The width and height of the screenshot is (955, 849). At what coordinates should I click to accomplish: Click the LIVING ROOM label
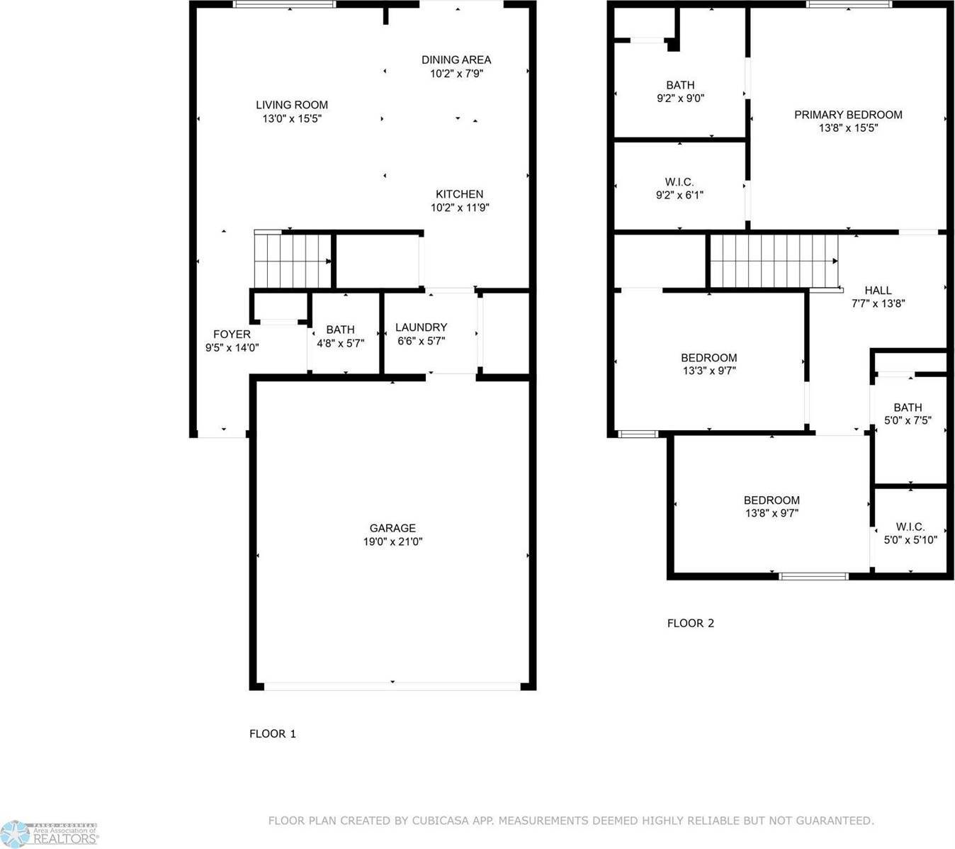coord(291,105)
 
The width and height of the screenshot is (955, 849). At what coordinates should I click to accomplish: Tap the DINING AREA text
coord(456,60)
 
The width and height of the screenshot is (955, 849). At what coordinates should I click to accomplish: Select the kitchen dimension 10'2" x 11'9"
coord(460,208)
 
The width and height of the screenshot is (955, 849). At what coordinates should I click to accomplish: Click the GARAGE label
coord(392,528)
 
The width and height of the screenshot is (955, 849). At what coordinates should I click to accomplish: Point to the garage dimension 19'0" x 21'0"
coord(392,541)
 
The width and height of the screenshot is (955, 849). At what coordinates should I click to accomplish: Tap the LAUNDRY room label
coord(421,327)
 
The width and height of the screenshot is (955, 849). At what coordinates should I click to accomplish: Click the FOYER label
coord(232,334)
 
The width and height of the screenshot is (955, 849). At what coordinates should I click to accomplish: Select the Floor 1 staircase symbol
coord(293,259)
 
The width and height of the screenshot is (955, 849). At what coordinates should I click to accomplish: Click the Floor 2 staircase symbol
coord(774,262)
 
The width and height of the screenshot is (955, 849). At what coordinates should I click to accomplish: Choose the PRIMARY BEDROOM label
coord(848,115)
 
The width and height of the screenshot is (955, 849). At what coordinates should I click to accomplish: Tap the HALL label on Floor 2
coord(878,291)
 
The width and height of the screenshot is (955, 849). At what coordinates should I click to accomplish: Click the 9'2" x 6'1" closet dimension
coord(679,195)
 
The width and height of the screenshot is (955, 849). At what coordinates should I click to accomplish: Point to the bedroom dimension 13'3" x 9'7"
coord(708,370)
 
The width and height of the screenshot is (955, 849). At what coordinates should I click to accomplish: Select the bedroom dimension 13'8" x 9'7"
coord(772,513)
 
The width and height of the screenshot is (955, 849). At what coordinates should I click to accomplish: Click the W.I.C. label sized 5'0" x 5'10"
coord(910,527)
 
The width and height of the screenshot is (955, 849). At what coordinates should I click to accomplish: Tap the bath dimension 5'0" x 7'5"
coord(908,420)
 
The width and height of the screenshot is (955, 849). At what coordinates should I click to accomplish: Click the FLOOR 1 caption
coord(273,733)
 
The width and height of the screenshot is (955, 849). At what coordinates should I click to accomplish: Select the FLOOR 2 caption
coord(691,623)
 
